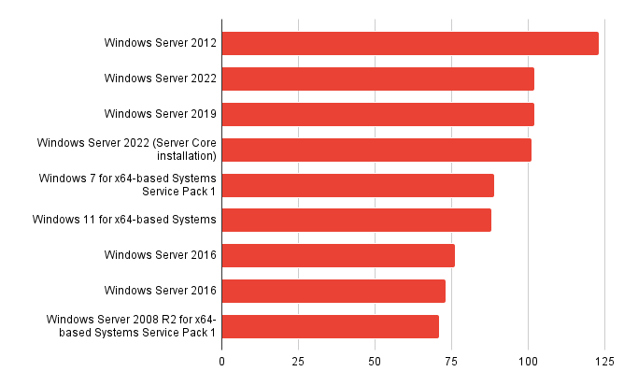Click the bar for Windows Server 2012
click(409, 43)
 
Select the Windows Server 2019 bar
click(377, 114)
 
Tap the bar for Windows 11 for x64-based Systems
click(356, 220)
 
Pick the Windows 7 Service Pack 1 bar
click(358, 185)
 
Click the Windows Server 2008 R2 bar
click(330, 326)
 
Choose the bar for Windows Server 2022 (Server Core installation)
click(376, 150)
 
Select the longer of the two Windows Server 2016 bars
click(338, 255)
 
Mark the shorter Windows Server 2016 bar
click(333, 291)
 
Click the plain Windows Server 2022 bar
click(377, 79)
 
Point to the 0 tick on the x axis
click(222, 360)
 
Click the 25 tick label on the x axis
click(299, 360)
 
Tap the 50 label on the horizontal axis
click(375, 360)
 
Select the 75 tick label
click(451, 360)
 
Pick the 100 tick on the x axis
click(528, 360)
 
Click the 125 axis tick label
click(603, 360)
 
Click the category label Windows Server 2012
click(161, 43)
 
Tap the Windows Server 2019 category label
click(161, 114)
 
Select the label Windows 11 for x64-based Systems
click(124, 220)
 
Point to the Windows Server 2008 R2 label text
click(132, 326)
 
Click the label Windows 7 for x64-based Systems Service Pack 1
click(127, 185)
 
